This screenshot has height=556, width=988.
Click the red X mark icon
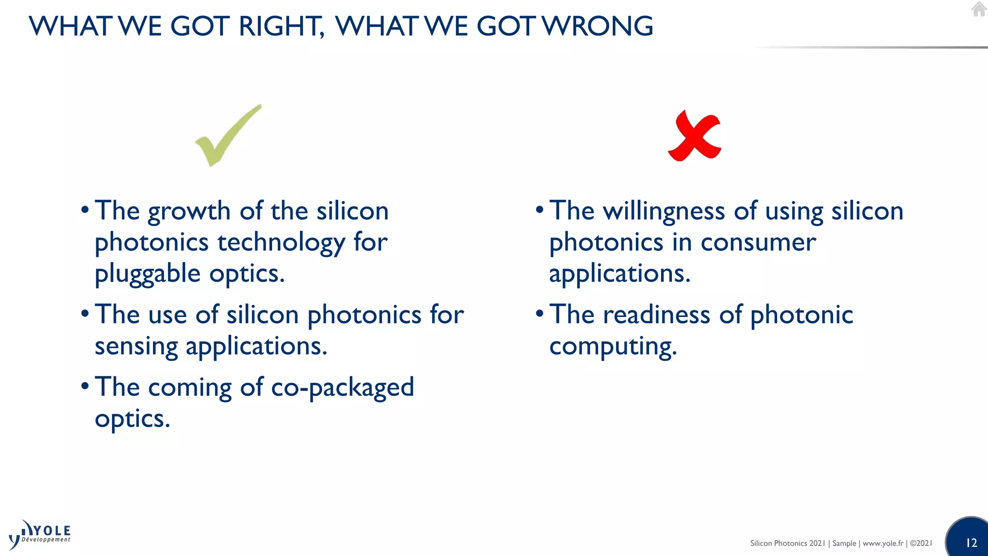pyautogui.click(x=695, y=137)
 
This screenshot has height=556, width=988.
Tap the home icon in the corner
pyautogui.click(x=978, y=9)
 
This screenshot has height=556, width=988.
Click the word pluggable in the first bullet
pyautogui.click(x=147, y=274)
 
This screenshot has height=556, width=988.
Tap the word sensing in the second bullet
pyautogui.click(x=136, y=347)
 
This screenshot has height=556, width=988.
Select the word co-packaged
pyautogui.click(x=342, y=388)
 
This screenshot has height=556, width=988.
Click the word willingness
pyautogui.click(x=664, y=211)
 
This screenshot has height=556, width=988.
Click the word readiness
pyautogui.click(x=657, y=315)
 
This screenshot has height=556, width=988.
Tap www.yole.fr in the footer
pyautogui.click(x=883, y=543)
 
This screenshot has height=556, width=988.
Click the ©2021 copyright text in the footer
pyautogui.click(x=921, y=543)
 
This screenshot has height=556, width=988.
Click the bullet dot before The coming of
pyautogui.click(x=85, y=386)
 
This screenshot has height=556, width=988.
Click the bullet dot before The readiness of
pyautogui.click(x=540, y=314)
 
